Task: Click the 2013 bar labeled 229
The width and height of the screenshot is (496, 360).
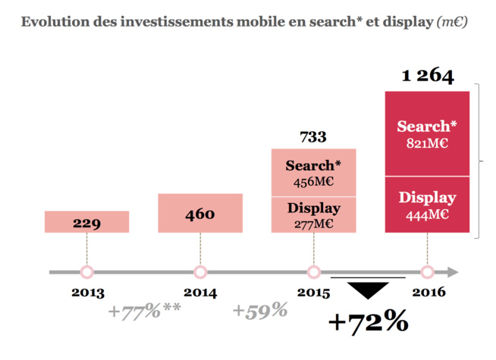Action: click(86, 222)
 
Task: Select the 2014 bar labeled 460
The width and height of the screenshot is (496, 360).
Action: click(200, 213)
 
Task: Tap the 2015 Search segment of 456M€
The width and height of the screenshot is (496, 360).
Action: click(313, 173)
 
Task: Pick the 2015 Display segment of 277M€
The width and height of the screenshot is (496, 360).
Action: click(313, 214)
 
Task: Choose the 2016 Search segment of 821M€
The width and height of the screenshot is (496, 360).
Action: click(427, 133)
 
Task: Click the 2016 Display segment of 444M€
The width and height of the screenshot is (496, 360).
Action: click(427, 206)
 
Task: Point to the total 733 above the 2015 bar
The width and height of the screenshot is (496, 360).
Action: click(313, 137)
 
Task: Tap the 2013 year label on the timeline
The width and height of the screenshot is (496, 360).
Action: click(86, 293)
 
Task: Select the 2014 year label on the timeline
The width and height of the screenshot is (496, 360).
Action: click(200, 293)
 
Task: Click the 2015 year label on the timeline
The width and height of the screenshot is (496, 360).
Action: click(313, 293)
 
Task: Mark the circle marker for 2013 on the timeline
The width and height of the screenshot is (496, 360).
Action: click(86, 272)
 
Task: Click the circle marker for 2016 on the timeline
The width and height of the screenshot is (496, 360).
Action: click(427, 272)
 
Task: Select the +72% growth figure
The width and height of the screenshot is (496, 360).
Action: click(368, 321)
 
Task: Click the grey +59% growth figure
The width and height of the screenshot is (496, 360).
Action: click(260, 310)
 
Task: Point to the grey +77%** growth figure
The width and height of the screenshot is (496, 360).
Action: click(144, 310)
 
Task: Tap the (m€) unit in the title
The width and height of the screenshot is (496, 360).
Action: click(452, 22)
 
